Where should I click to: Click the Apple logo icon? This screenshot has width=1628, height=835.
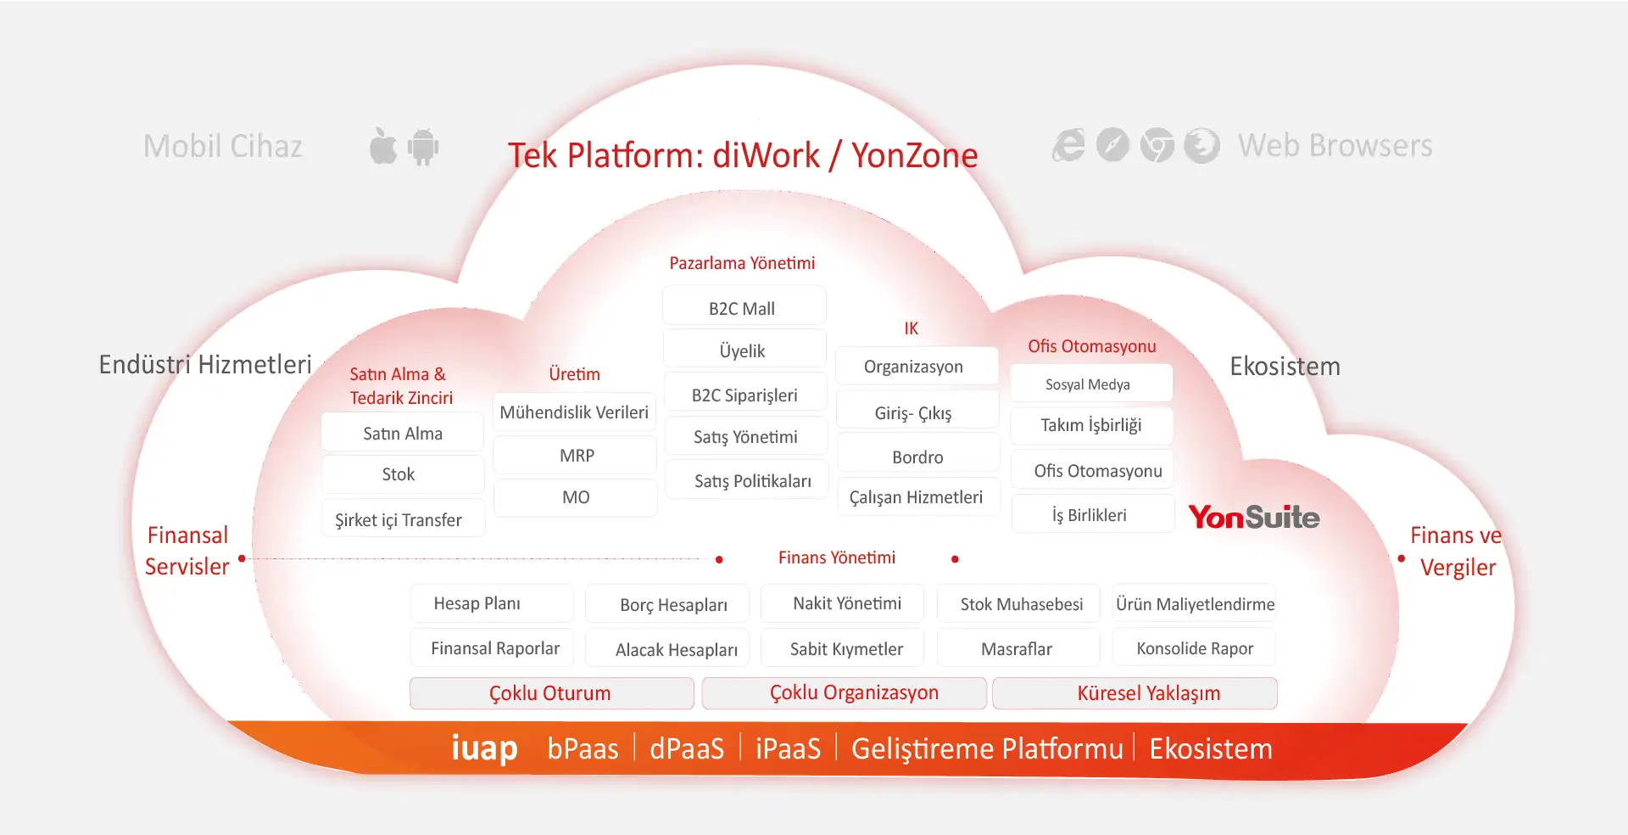coord(383,146)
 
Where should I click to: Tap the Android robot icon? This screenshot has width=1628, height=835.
coord(423,147)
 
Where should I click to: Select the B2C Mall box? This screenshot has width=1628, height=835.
coord(743,307)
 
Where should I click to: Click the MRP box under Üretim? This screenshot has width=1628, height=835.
coord(576,456)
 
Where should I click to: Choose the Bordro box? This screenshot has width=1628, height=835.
coord(917,457)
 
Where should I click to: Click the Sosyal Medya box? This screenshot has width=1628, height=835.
coord(1090,384)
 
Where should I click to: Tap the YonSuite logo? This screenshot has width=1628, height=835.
coord(1253,517)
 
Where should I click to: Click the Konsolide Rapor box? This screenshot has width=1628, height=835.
coord(1194,648)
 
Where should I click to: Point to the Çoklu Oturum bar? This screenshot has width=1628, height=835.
coord(551,693)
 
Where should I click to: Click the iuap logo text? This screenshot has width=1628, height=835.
coord(484,748)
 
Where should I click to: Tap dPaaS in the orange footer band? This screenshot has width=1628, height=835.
coord(687,748)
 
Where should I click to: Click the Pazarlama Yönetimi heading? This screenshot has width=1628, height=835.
coord(742,263)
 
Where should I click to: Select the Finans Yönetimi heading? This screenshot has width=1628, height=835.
coord(837,558)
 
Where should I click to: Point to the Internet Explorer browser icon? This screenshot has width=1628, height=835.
coord(1068,145)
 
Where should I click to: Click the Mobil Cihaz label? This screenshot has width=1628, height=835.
coord(223,146)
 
